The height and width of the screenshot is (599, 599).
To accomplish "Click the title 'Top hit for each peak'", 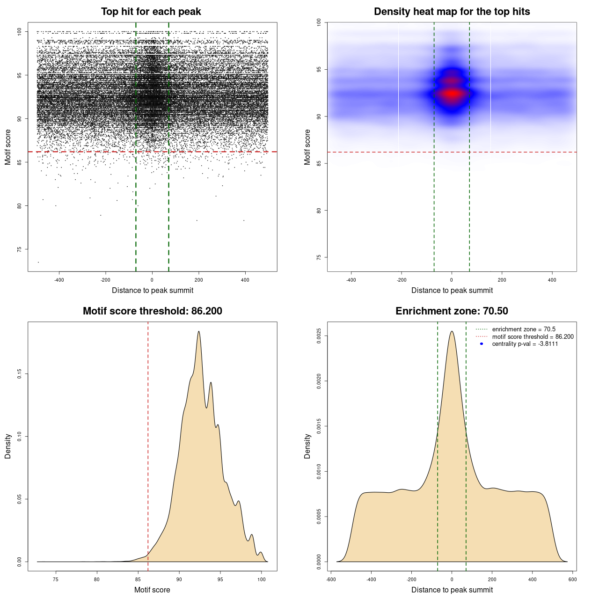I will [151, 12].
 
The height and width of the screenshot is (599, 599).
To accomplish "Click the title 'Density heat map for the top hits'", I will [452, 12].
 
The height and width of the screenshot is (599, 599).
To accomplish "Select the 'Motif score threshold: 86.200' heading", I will [152, 311].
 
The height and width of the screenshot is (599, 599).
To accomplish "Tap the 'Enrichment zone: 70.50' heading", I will [452, 311].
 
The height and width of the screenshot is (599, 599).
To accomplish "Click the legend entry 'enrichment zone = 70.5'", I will [524, 329].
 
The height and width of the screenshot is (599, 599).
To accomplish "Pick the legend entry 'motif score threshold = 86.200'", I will [533, 337].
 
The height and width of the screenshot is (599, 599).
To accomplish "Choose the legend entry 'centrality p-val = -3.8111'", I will [525, 344].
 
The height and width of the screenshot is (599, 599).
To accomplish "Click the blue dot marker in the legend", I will [482, 344].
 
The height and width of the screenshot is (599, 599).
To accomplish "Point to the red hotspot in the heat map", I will [452, 94].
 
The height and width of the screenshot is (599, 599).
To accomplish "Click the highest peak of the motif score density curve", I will [199, 331].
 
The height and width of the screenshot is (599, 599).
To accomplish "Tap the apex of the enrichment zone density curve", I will [452, 331].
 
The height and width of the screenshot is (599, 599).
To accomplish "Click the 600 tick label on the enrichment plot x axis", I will [572, 579].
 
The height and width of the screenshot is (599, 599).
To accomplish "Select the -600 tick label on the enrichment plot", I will [331, 579].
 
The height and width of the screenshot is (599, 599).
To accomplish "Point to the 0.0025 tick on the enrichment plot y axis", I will [319, 336].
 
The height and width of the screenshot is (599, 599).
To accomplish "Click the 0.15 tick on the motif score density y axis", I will [20, 374].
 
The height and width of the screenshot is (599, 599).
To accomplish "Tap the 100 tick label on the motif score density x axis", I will [262, 579].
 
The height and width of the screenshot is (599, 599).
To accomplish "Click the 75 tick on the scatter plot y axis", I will [20, 249].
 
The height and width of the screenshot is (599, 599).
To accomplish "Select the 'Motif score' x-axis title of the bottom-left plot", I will [152, 590].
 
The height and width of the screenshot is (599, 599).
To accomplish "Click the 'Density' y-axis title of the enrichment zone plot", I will [307, 446].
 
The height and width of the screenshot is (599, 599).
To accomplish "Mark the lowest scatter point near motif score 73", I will [38, 262].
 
